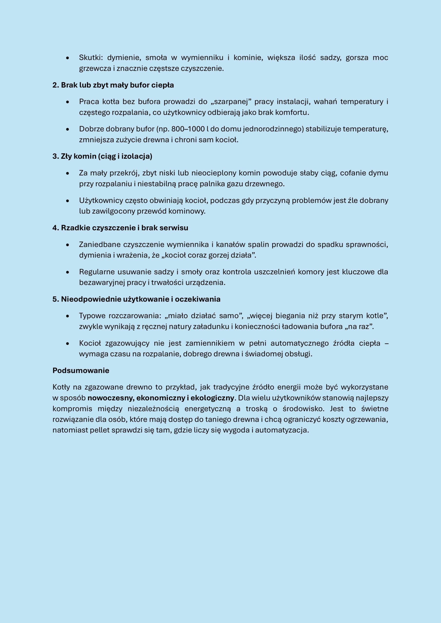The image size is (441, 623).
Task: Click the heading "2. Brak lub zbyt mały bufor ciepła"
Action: (113, 85)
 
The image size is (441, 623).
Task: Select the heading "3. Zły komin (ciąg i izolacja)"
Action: (102, 156)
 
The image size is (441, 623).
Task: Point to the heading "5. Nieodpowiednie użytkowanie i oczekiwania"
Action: (136, 299)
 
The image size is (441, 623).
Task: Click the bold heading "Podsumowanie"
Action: (81, 370)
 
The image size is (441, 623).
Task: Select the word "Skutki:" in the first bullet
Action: (91, 57)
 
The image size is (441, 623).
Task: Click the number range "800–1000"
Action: (188, 129)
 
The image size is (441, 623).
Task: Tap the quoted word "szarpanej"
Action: (231, 101)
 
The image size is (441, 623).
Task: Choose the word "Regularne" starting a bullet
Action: (96, 272)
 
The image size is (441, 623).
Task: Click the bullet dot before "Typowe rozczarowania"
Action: (68, 316)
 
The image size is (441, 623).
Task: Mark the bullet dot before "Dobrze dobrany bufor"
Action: (68, 129)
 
